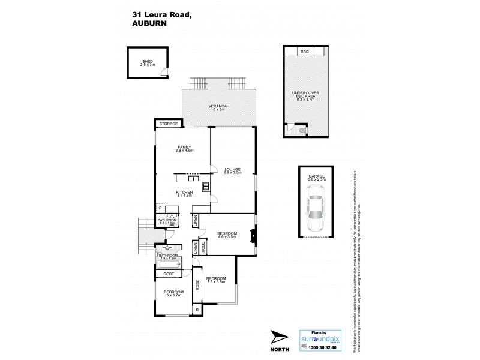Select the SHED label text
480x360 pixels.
click(148, 62)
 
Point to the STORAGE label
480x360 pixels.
click(167, 124)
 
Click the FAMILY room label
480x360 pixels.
click(184, 148)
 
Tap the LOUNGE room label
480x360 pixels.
click(233, 170)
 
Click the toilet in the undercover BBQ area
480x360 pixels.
click(301, 130)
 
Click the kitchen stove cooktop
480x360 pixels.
click(206, 186)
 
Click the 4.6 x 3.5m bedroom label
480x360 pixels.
click(226, 235)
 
